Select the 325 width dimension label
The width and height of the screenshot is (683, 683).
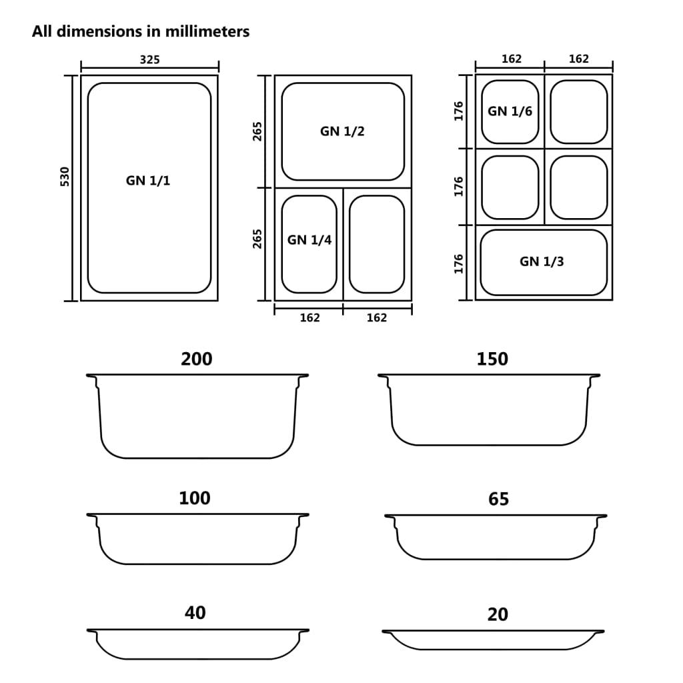pos(149,59)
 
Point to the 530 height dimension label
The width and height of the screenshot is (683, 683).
pos(65,177)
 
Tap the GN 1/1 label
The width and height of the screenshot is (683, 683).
pos(148,181)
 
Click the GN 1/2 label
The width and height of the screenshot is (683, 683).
pos(342,131)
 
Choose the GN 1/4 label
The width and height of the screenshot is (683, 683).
pos(309,240)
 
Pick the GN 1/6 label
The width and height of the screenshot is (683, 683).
pos(510,111)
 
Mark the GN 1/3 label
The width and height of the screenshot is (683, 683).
pos(542,261)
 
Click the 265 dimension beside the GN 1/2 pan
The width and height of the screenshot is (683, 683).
pos(258,131)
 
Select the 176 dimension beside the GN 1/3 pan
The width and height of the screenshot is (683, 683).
pos(458,263)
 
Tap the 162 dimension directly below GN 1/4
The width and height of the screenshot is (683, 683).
pos(309,318)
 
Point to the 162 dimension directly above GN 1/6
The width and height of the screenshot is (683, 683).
pos(511,59)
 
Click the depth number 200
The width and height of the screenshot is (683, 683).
pos(197,359)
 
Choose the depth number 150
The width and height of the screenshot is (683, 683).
pos(492,359)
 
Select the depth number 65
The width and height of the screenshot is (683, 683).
pos(498,499)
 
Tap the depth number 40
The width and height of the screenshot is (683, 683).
pos(195,612)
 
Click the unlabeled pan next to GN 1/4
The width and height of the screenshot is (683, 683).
pos(377,244)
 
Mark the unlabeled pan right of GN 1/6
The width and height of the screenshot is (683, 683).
pos(579,112)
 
